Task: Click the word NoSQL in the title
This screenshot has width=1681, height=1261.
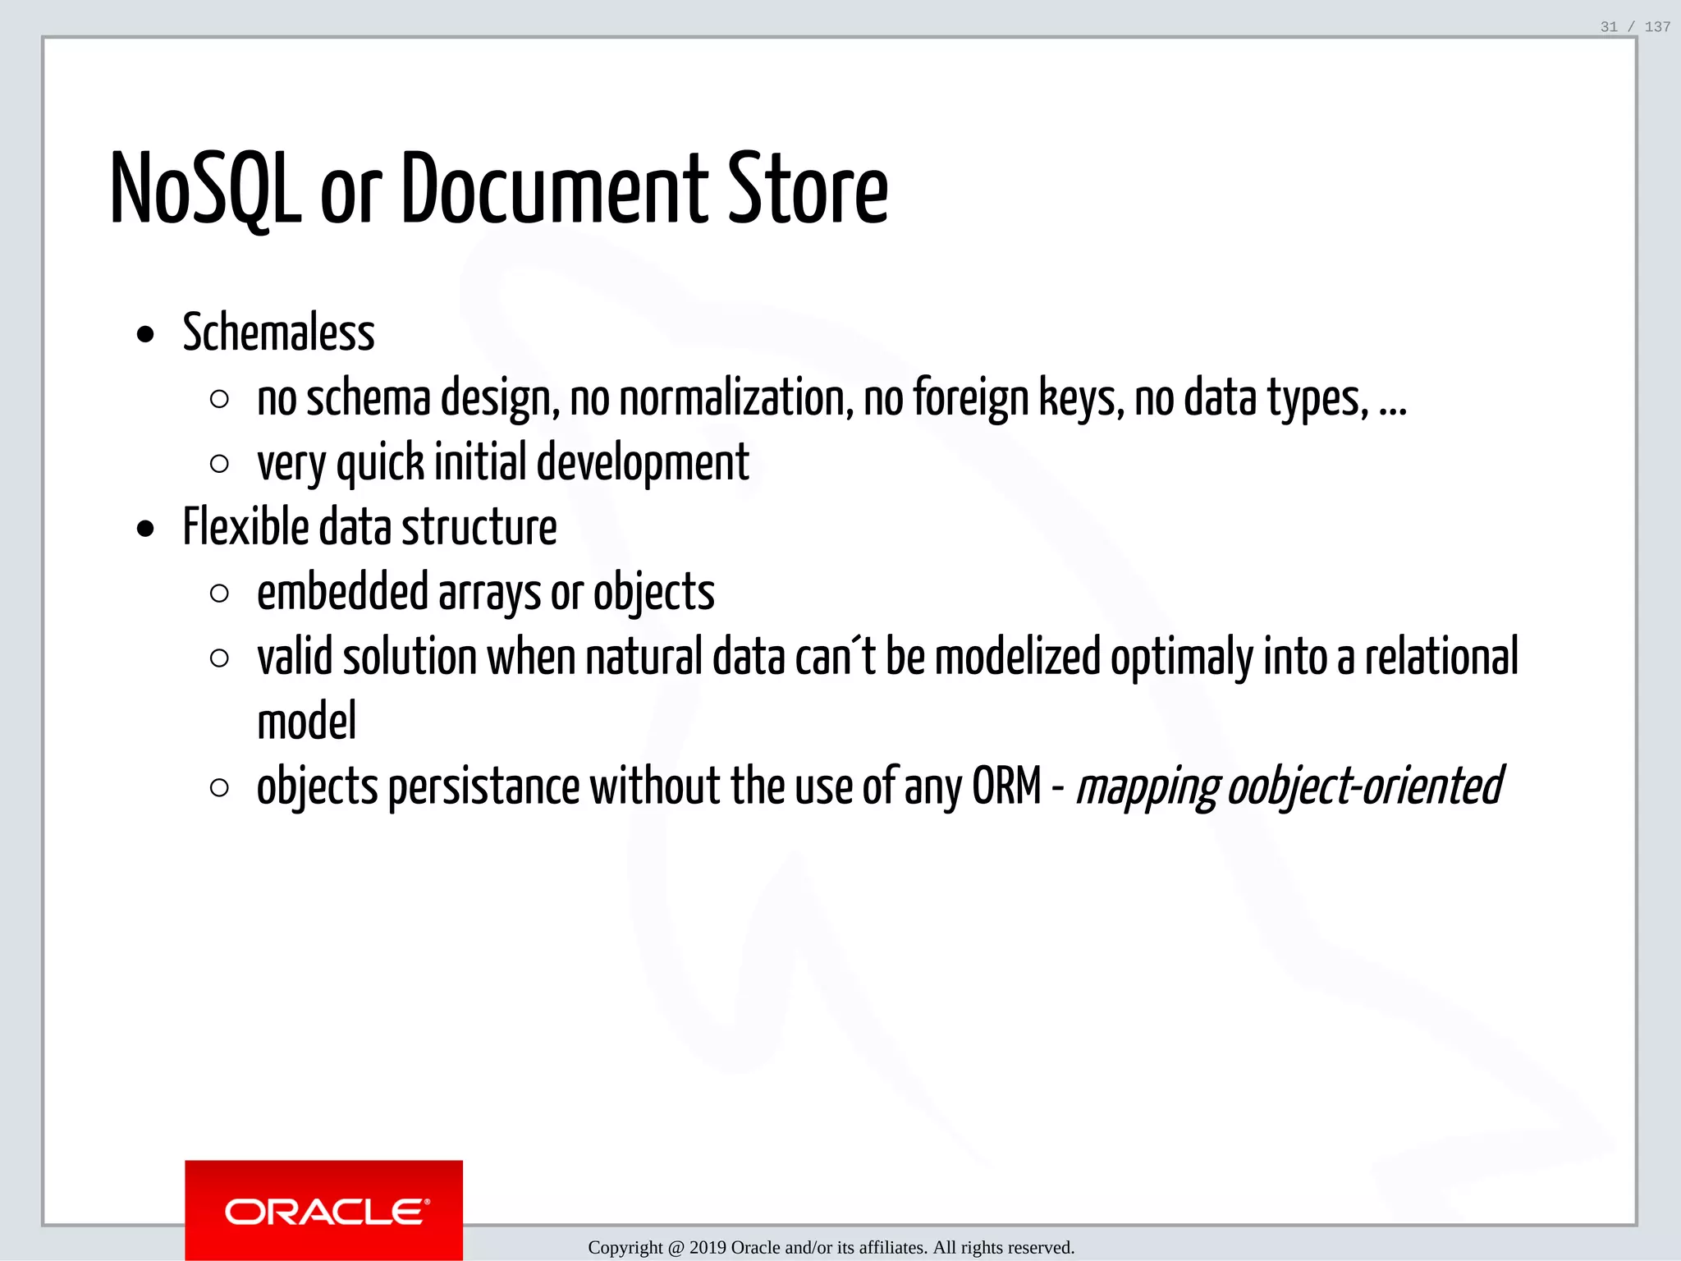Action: (205, 190)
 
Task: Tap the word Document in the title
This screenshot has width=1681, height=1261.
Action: (554, 190)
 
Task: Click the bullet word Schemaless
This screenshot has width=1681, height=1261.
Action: (278, 333)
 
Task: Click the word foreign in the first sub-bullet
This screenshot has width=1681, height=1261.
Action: (971, 399)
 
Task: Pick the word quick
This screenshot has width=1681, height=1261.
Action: (380, 464)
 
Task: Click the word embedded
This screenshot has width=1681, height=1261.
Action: (342, 592)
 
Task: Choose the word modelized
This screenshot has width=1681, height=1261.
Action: (1017, 657)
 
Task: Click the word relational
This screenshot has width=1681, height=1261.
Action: (1441, 657)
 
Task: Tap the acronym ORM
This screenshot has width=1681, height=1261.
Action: (1006, 786)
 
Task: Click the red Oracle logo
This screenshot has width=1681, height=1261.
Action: (324, 1210)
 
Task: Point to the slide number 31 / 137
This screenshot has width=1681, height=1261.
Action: (1635, 27)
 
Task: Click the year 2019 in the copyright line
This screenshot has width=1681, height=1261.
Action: (707, 1248)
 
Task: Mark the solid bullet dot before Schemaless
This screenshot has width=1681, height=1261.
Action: (146, 335)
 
